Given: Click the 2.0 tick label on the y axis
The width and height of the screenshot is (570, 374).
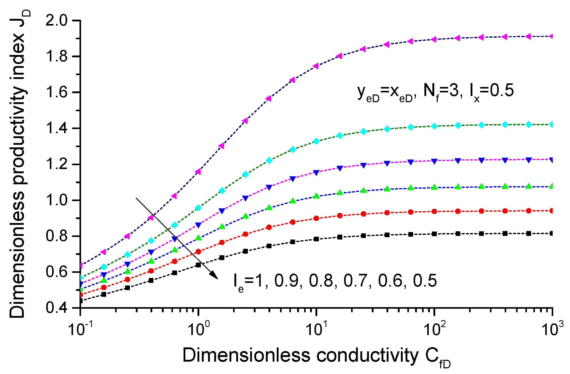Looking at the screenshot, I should tap(56, 20).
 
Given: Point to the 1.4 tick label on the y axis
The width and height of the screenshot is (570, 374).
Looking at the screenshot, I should tap(56, 128).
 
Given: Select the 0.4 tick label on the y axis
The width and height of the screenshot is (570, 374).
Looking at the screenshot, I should tap(56, 308).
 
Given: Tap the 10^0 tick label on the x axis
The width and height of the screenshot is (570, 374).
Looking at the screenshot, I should tap(198, 328).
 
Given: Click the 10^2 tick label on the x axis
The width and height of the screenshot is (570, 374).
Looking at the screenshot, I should tap(435, 328).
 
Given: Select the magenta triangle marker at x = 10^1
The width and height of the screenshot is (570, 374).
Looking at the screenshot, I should tap(316, 66).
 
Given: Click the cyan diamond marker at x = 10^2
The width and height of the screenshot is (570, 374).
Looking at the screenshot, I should tap(434, 126).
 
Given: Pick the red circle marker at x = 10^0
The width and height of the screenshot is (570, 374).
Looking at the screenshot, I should tap(198, 251).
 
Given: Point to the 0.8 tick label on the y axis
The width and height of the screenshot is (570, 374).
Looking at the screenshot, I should tap(56, 236).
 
